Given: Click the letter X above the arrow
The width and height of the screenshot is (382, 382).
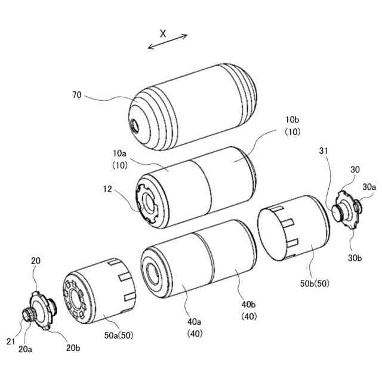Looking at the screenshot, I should [x=163, y=33].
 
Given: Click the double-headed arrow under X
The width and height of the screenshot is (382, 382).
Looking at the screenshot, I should [x=168, y=42].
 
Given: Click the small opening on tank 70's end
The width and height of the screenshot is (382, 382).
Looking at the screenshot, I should [x=134, y=125].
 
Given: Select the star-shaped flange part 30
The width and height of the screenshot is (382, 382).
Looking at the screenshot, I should [x=344, y=209].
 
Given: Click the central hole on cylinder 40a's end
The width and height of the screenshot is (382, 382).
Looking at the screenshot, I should [x=156, y=269].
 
